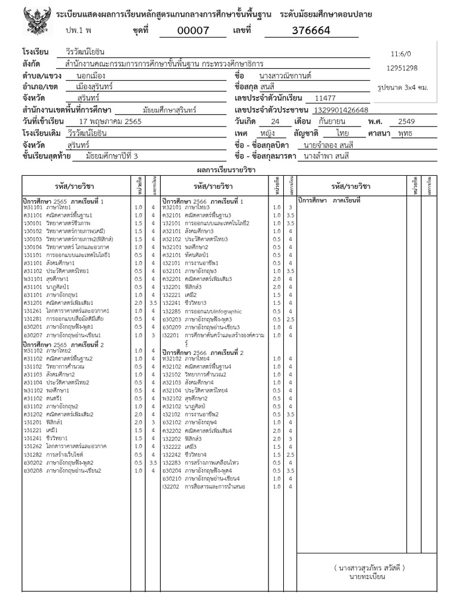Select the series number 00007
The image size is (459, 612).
(194, 30)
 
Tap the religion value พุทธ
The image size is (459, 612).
(408, 133)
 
